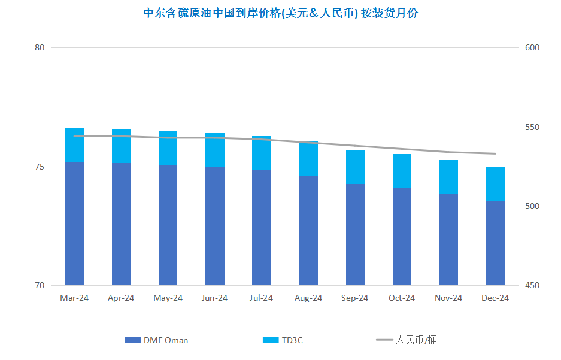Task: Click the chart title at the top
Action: click(x=280, y=13)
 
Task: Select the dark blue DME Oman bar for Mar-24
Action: click(x=74, y=223)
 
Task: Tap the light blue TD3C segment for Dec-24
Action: click(x=495, y=183)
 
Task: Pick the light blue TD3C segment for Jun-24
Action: click(x=215, y=150)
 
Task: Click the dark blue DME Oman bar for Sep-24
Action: click(x=355, y=234)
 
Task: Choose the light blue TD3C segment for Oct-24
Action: click(x=402, y=171)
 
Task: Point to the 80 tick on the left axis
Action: click(x=40, y=47)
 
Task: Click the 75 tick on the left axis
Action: click(x=40, y=167)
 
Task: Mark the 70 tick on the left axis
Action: click(x=40, y=285)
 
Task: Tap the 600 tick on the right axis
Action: click(x=532, y=47)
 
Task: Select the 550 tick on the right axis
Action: click(x=532, y=127)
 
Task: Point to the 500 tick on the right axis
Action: click(x=532, y=206)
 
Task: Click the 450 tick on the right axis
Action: click(x=532, y=285)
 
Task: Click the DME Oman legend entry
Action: click(x=156, y=340)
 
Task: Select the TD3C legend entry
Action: click(x=283, y=340)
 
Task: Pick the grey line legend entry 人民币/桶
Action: click(x=407, y=340)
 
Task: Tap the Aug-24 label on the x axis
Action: click(x=308, y=298)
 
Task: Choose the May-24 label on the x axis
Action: click(x=168, y=298)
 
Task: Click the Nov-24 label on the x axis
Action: click(x=448, y=298)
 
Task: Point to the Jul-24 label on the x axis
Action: click(x=261, y=298)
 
